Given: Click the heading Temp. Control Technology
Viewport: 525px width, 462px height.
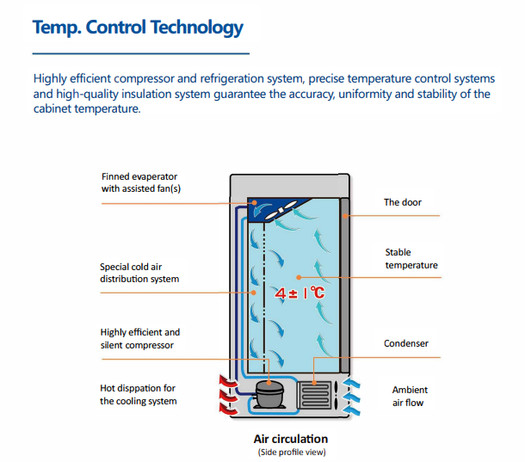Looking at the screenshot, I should (138, 28).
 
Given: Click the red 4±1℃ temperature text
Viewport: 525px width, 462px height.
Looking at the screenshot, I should (300, 293).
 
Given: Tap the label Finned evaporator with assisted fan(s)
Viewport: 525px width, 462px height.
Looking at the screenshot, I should (141, 182).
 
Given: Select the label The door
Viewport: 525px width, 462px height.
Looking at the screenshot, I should (402, 203).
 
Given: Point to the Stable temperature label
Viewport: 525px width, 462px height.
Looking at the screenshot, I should (411, 259).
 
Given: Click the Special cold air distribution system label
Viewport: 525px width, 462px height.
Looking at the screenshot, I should (139, 273).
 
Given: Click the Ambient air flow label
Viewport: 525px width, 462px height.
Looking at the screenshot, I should (408, 396).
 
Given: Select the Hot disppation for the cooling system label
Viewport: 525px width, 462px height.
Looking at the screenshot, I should (138, 395).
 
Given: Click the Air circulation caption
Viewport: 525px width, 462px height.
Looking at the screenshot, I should (291, 439).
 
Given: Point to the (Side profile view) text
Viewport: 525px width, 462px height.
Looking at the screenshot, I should (291, 452).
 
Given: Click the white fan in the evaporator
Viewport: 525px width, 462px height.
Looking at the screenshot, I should (285, 209).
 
